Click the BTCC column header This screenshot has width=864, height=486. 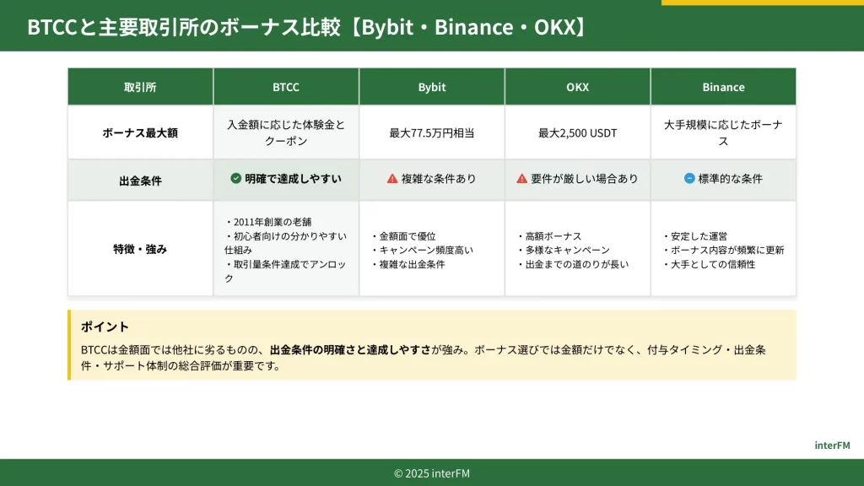tap(285, 87)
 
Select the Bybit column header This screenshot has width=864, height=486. tap(431, 87)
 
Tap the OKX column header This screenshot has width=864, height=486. tap(577, 87)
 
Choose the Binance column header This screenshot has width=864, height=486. tap(723, 87)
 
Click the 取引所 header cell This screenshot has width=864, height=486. tap(140, 87)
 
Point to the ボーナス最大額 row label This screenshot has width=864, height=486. tap(140, 132)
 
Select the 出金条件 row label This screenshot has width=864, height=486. tap(140, 181)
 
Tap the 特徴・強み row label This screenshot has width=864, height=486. tap(140, 249)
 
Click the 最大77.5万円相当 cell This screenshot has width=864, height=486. tap(431, 132)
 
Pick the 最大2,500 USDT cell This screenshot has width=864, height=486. tap(577, 132)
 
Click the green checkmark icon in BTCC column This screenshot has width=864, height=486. tap(236, 178)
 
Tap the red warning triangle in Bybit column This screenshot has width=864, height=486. tap(392, 179)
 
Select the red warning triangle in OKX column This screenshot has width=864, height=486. tap(521, 179)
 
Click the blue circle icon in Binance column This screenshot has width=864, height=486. tap(689, 178)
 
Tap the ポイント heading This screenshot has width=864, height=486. tap(105, 327)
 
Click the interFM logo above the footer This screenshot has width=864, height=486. tap(832, 445)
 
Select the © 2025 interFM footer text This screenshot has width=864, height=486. tap(432, 473)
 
